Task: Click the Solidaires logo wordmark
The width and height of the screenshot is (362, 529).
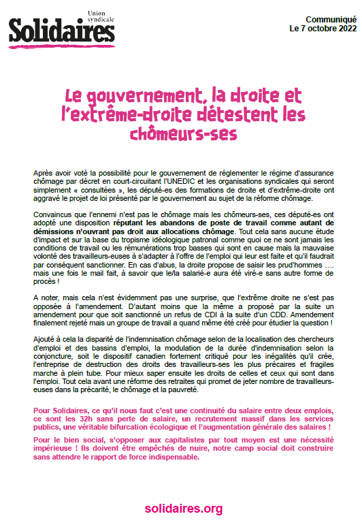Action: click(61, 31)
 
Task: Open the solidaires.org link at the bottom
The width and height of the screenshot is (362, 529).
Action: click(184, 509)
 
